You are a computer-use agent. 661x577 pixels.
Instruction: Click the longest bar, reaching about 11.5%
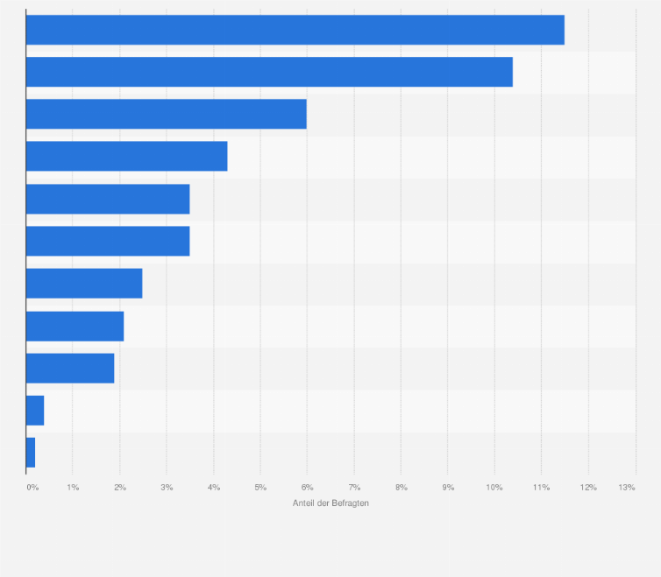295,30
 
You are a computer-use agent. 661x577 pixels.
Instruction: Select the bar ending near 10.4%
269,72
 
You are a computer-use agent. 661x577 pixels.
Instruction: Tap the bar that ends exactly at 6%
166,114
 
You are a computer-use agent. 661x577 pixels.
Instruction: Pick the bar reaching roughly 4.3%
126,156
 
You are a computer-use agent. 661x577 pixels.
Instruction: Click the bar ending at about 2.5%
84,284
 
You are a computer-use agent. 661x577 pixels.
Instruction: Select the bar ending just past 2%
75,326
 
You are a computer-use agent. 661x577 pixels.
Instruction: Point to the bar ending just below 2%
70,368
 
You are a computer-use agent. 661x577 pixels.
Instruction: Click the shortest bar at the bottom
31,453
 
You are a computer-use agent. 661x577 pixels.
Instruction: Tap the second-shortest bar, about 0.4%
35,410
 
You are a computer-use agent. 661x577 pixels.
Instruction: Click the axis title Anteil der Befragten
330,503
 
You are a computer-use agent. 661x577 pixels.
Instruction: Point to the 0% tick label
32,487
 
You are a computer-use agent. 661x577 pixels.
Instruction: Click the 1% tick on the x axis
73,487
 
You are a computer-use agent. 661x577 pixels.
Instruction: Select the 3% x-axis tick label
167,487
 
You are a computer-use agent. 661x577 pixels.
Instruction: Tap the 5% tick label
260,487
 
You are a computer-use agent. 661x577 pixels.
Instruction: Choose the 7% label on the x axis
354,487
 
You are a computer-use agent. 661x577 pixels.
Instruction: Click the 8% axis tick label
401,487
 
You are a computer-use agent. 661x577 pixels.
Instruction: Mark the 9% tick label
448,487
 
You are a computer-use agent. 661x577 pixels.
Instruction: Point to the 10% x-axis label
494,487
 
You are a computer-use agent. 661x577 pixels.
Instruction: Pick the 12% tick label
587,487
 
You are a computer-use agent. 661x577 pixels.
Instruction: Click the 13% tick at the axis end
627,487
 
